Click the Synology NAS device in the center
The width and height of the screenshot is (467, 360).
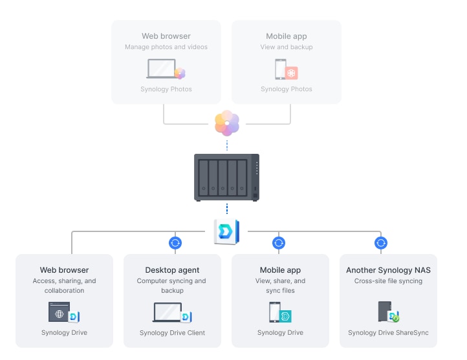tap(226, 177)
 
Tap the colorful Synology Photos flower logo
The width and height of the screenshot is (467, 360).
tap(227, 123)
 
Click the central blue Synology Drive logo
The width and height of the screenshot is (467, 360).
tap(226, 232)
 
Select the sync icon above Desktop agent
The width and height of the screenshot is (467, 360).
tap(175, 243)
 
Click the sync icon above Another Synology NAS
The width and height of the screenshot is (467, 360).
tap(381, 243)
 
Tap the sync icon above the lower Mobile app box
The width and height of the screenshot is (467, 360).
tap(279, 243)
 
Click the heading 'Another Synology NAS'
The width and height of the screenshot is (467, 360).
tap(388, 270)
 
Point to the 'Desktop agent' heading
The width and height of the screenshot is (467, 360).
tap(171, 270)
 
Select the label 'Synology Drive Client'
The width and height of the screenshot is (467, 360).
tap(172, 333)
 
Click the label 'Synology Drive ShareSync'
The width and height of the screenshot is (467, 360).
tap(388, 333)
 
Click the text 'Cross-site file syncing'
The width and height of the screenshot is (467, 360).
tap(388, 281)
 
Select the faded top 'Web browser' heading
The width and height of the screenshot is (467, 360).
tap(166, 36)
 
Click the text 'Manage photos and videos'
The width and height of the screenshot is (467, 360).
tap(166, 47)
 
